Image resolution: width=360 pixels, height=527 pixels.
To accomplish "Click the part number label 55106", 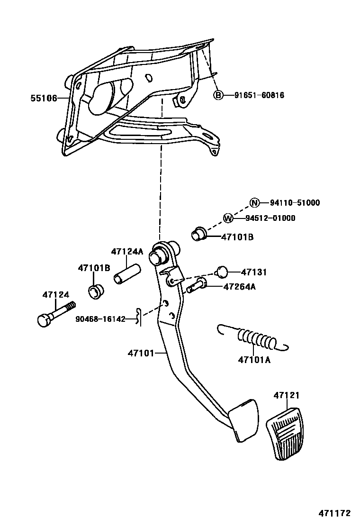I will tap(43, 98).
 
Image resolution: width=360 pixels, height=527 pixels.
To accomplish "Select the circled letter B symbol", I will tap(218, 95).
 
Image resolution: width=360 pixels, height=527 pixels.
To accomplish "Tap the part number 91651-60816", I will tap(259, 95).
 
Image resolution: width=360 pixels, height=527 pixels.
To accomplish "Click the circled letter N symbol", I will tap(255, 203).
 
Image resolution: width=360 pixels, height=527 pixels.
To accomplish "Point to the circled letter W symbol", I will tap(228, 218).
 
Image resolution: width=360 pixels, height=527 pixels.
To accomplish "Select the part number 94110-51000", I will tap(295, 203).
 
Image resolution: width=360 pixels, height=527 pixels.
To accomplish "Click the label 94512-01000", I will tap(270, 218).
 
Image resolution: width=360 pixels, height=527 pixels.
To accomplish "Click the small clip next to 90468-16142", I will tap(138, 317).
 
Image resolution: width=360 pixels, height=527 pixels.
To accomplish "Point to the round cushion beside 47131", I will tap(222, 272).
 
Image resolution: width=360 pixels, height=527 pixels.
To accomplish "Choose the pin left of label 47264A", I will tap(196, 286).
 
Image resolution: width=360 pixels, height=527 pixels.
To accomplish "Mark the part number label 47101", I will tap(140, 353).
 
